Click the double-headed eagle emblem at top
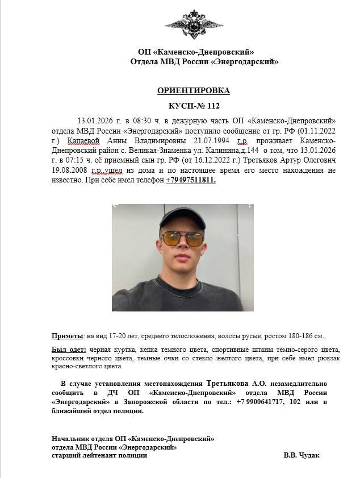coord(194,24)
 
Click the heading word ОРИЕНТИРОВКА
coord(194,90)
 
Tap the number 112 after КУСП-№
coord(213,105)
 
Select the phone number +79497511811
coord(191,180)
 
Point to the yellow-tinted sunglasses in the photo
coord(182,238)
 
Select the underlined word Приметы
coord(67,336)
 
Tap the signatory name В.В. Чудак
coord(302,455)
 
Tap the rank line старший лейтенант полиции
coord(99,455)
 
